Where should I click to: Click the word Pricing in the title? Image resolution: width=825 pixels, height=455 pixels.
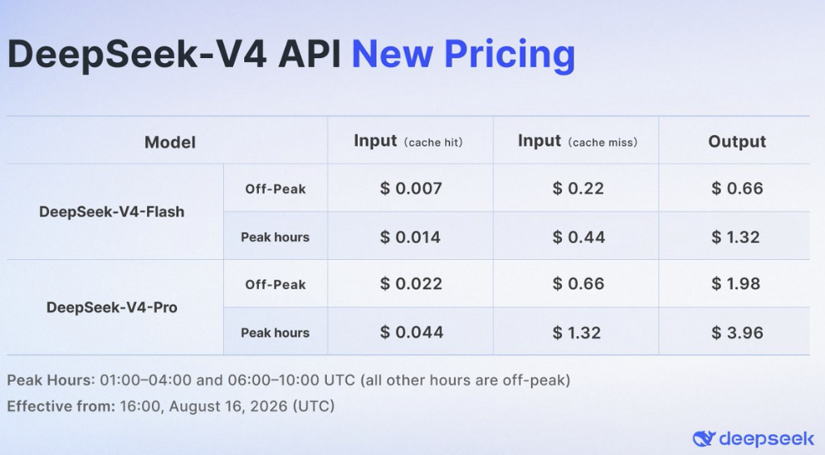(510, 55)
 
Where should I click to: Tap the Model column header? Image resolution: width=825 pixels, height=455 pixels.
(170, 142)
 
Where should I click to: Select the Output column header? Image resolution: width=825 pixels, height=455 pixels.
(737, 141)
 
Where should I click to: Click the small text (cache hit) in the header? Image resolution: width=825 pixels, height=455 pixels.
(433, 142)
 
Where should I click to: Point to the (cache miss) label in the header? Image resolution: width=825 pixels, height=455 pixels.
(603, 142)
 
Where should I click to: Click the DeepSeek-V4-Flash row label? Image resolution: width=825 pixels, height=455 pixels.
(111, 212)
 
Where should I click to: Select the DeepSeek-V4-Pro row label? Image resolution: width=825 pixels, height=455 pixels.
(111, 307)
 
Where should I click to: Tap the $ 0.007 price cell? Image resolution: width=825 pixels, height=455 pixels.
(411, 188)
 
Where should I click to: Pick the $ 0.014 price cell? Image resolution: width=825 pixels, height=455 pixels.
(410, 237)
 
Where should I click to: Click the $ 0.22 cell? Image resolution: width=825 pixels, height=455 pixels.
(578, 188)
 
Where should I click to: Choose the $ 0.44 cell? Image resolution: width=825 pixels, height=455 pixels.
(578, 237)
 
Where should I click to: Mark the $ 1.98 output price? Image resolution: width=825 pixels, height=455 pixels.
(736, 284)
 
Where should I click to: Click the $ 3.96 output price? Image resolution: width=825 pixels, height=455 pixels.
(737, 333)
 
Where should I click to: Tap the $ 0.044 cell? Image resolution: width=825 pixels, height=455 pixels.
(412, 332)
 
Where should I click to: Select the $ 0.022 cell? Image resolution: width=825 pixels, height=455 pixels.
(411, 284)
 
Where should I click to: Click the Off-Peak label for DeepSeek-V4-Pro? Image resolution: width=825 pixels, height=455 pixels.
(276, 285)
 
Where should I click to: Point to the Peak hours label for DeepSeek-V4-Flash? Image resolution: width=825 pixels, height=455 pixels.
(276, 237)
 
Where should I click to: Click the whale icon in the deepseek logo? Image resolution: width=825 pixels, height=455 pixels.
(704, 438)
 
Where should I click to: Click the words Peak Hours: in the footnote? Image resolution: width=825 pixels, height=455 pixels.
(51, 380)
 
